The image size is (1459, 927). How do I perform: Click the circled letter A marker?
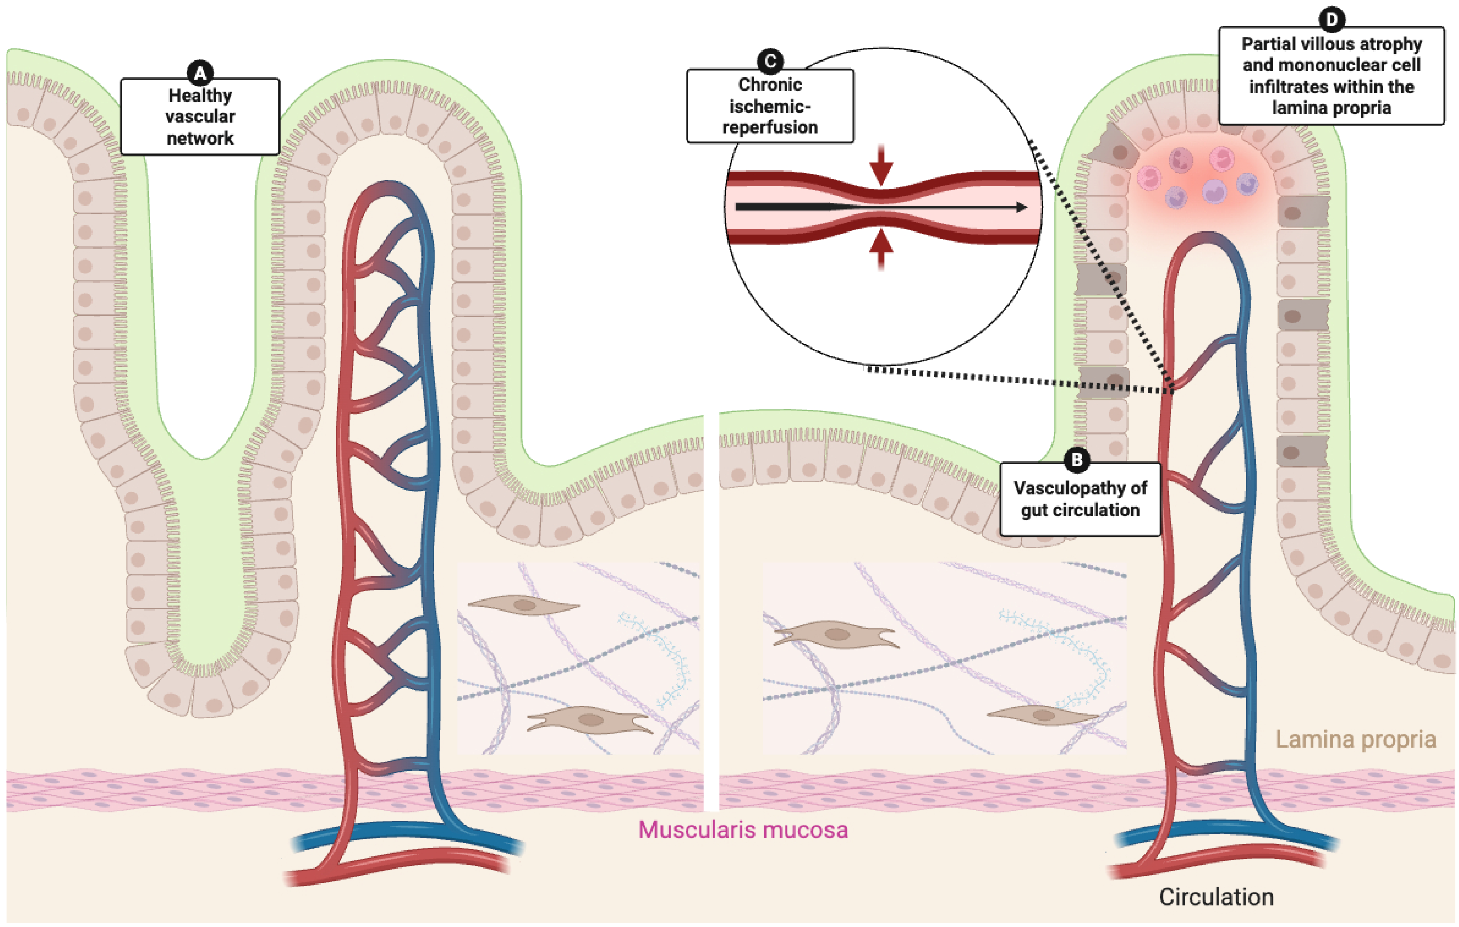click(200, 73)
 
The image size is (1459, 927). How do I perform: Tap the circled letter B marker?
click(1077, 460)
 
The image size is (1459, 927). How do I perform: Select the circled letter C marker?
click(770, 61)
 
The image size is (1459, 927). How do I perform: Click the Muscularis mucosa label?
click(743, 829)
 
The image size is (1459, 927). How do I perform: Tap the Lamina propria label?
click(1355, 739)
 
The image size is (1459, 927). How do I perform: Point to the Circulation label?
click(1216, 897)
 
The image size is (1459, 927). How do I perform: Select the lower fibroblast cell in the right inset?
click(1041, 715)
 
